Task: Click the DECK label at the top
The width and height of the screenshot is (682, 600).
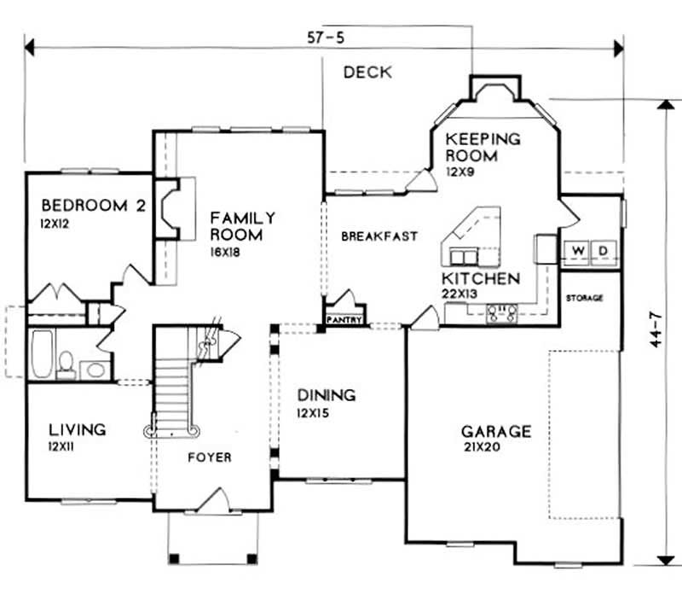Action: pos(367,73)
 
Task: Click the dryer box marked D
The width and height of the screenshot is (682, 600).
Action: pos(604,251)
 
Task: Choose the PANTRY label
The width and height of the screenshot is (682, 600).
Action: pos(344,321)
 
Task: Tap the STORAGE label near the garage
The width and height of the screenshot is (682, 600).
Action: pos(585,298)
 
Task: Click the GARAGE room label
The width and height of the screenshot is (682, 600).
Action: pos(495,432)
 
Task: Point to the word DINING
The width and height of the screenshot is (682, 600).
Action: pos(326,395)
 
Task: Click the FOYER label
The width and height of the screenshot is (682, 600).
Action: pos(209,457)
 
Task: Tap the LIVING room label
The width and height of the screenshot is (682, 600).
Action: pos(77,429)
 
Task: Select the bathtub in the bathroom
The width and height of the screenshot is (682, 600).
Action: pos(40,353)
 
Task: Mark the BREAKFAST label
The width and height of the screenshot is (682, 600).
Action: pos(379,236)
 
